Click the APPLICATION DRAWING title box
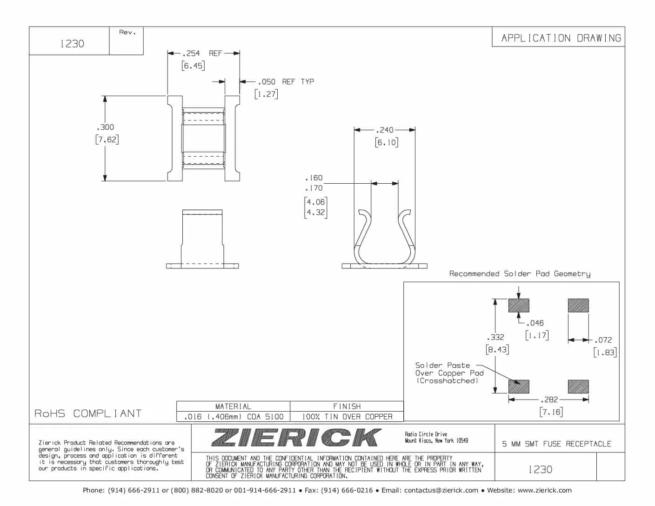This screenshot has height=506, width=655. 561,38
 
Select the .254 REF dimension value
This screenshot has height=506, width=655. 191,53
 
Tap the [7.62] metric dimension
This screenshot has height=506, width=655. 107,139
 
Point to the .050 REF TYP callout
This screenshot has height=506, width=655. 286,81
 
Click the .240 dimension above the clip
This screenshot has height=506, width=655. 385,130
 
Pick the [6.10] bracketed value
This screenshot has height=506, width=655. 387,142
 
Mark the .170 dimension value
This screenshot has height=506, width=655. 314,188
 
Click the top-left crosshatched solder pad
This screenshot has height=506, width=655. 519,306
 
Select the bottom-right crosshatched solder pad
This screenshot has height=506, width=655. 578,386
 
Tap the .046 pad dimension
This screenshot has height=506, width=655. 535,323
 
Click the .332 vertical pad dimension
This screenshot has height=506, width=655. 495,337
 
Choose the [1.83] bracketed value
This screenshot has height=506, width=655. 605,353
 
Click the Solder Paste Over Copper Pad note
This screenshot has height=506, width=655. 449,373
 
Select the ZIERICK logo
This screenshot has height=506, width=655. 296,438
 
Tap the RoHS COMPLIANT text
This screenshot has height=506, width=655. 88,413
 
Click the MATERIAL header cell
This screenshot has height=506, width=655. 233,406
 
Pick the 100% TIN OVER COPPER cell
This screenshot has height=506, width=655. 347,417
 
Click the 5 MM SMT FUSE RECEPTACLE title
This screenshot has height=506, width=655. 556,444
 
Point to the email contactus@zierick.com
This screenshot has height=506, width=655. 441,490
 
